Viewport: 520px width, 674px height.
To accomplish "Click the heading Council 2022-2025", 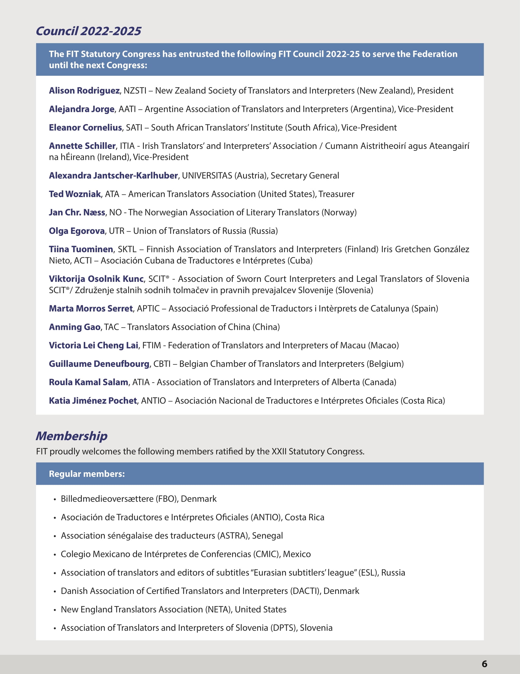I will click(88, 31).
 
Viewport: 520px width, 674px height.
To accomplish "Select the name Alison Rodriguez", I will click(84, 91).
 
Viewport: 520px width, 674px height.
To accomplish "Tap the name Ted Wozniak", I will click(75, 194).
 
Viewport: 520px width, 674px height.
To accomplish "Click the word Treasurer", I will click(336, 194).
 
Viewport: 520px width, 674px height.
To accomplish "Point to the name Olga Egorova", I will click(76, 231).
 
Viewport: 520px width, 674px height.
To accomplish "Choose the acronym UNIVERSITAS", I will click(207, 175).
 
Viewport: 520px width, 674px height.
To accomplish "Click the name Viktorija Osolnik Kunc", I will click(96, 279).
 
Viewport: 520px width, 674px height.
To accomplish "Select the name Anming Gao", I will click(74, 327).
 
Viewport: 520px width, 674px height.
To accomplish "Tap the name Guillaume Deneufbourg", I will click(99, 364).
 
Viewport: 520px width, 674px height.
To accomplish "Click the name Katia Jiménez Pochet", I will click(93, 401).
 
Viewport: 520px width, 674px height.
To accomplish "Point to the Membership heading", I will click(72, 436).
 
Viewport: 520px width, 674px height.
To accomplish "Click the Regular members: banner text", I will click(87, 474).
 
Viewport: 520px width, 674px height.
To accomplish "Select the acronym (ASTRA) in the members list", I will click(234, 536).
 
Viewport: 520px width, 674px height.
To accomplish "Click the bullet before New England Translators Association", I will click(55, 610).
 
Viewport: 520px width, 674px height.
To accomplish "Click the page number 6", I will click(484, 664).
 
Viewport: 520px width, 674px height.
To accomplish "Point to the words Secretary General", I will click(304, 175).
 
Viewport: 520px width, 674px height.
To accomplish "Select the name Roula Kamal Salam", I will click(88, 382).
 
